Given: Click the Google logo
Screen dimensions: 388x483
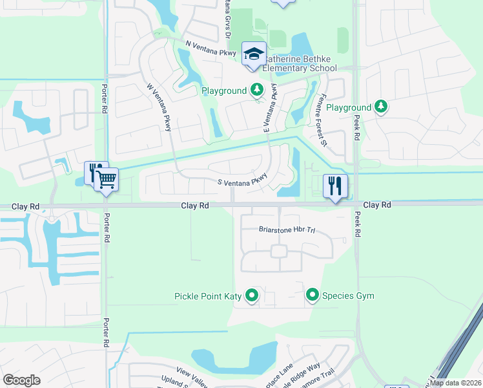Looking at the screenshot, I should (21, 380).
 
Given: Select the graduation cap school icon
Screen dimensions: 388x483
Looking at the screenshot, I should (254, 54).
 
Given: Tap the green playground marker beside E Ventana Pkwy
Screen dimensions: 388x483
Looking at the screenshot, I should (258, 91).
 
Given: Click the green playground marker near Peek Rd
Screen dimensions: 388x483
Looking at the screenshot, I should (381, 107).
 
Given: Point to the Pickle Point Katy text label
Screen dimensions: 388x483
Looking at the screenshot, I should (208, 297).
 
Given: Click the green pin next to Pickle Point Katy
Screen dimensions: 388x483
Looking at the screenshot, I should (252, 296).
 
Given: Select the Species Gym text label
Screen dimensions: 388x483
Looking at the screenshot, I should (349, 296).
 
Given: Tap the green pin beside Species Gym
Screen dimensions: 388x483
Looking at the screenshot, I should (313, 296).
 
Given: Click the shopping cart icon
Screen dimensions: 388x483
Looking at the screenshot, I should (107, 179).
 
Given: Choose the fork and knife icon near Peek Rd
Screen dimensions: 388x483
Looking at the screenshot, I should (334, 186).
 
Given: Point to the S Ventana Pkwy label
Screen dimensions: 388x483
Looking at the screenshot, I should (242, 181).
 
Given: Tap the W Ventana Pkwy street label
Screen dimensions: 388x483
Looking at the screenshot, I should (159, 107).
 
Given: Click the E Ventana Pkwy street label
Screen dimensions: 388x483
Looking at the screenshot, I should (270, 108).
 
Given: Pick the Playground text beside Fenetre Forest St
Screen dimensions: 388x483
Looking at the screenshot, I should (349, 107).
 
